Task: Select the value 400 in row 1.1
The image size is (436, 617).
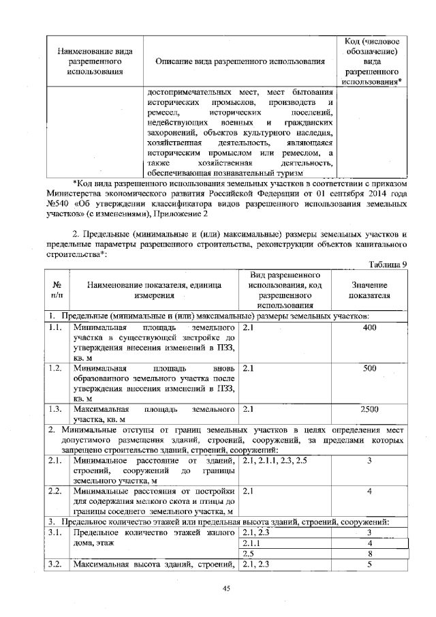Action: tap(369, 328)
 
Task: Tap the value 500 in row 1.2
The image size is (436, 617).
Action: tap(369, 368)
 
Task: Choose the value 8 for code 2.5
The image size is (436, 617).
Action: tap(369, 554)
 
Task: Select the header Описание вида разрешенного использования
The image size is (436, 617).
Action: tap(239, 62)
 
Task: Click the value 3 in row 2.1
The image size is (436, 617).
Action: tap(369, 462)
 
